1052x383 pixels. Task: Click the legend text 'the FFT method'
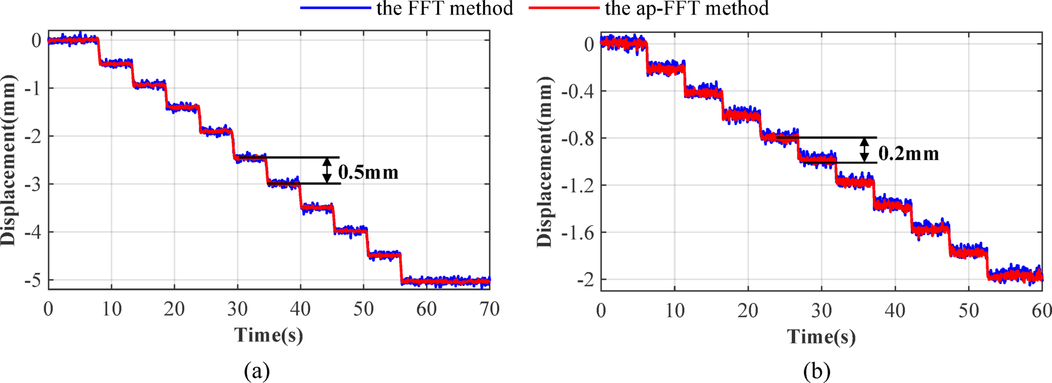click(x=444, y=8)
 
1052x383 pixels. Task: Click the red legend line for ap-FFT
click(x=563, y=8)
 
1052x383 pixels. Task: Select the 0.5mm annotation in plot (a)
click(x=368, y=172)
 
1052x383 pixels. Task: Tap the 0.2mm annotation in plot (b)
click(x=909, y=153)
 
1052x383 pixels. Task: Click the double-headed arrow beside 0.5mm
click(x=327, y=170)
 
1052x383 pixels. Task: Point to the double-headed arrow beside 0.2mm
click(x=864, y=150)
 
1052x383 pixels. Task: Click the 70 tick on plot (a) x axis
click(x=489, y=309)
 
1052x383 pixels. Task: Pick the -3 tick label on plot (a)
click(x=33, y=184)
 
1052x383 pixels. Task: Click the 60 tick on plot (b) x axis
click(x=1041, y=310)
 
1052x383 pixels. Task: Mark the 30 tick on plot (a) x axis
click(x=237, y=309)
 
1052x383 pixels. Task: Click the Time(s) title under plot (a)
click(x=269, y=335)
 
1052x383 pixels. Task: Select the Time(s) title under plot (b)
click(x=821, y=336)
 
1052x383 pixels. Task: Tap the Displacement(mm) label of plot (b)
click(x=545, y=162)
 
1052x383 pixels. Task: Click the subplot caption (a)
click(x=257, y=371)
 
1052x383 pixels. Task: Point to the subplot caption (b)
click(x=817, y=371)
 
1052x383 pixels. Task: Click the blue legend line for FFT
click(x=334, y=8)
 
